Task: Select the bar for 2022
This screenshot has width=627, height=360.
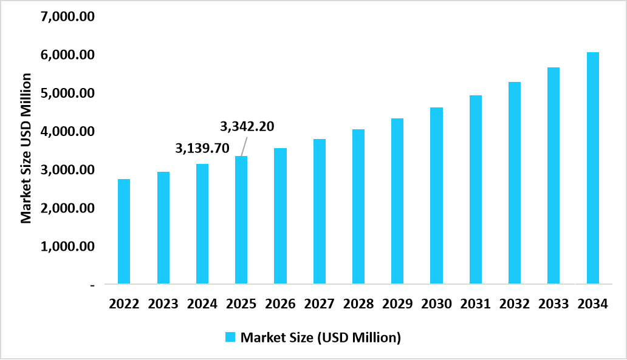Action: pos(124,231)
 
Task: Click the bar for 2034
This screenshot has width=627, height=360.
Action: pos(592,168)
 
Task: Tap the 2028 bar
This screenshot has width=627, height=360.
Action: pos(358,206)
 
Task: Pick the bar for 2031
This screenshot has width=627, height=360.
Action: pos(476,189)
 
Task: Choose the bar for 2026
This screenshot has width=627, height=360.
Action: pos(280,216)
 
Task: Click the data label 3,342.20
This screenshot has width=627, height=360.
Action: pos(247,126)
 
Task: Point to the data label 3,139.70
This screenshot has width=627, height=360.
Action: pos(202,148)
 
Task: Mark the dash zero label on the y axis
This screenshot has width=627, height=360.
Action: pos(92,285)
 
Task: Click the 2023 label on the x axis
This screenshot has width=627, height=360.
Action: pos(163,304)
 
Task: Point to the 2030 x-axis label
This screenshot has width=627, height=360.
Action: pos(436,304)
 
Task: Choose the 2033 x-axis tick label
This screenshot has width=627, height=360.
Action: pos(553,304)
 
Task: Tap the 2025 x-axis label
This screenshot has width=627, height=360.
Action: pos(241,304)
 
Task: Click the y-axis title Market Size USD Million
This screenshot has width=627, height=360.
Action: pos(26,148)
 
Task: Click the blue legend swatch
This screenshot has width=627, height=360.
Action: pos(230,338)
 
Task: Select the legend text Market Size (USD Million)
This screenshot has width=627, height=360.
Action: pos(321,338)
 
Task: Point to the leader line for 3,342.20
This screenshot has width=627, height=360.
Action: pos(243,146)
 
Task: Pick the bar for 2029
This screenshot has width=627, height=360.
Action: pos(397,201)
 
